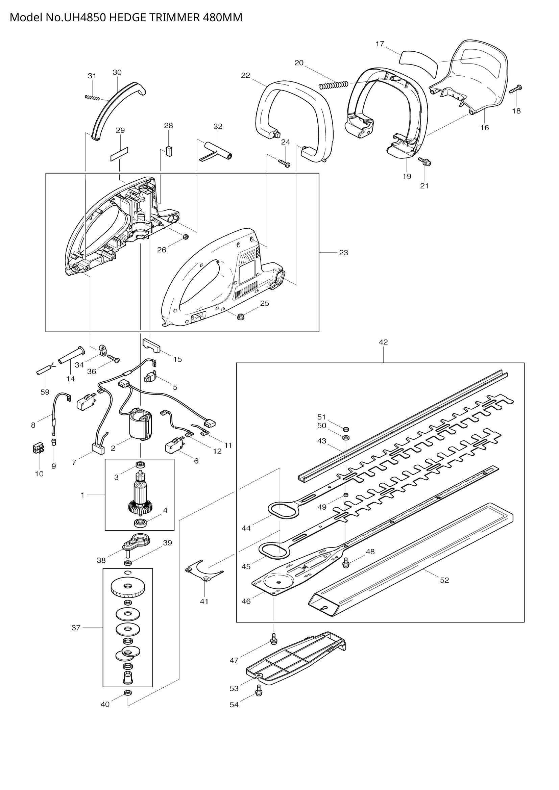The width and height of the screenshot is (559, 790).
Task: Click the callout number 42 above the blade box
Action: click(x=383, y=342)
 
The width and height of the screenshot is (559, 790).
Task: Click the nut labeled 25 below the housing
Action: click(x=241, y=316)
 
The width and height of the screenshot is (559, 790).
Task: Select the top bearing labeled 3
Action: click(x=141, y=464)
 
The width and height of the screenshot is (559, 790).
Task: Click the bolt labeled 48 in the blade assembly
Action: click(x=346, y=562)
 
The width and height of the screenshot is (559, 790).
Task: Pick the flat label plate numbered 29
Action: click(x=119, y=154)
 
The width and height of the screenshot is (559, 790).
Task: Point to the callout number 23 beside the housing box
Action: click(x=343, y=253)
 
